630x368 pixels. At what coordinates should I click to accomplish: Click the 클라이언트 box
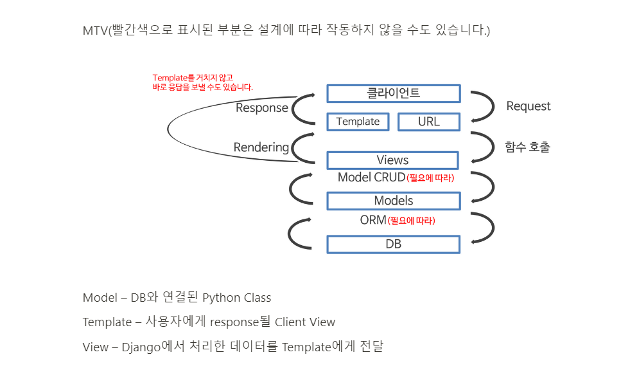coord(393,93)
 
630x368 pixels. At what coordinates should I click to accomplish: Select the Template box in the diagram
coord(358,122)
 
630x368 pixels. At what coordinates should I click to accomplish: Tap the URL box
coord(428,122)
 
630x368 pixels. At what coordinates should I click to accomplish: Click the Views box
coord(392,160)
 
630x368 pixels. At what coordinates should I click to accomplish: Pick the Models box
coord(393,201)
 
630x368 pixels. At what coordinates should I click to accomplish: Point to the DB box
coord(393,244)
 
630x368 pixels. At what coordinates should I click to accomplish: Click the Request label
coord(528,106)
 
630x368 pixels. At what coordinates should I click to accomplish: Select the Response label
coord(261,108)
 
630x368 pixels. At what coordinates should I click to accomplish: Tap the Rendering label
coord(261,147)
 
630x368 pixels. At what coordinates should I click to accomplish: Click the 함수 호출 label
coord(527,147)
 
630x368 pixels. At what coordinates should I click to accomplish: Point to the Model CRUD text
coord(371,178)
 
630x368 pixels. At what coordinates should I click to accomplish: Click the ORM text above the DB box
coord(373,220)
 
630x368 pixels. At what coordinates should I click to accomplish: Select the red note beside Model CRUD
coord(430,178)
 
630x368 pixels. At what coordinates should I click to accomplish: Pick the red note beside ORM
coord(412,221)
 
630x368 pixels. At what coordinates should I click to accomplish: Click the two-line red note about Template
coord(202,82)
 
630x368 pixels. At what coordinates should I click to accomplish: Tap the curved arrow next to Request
coord(483,106)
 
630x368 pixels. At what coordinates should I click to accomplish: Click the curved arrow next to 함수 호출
coord(483,147)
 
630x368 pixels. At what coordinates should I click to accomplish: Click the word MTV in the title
coord(94,31)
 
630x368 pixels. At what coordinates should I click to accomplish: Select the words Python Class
coord(236,298)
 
